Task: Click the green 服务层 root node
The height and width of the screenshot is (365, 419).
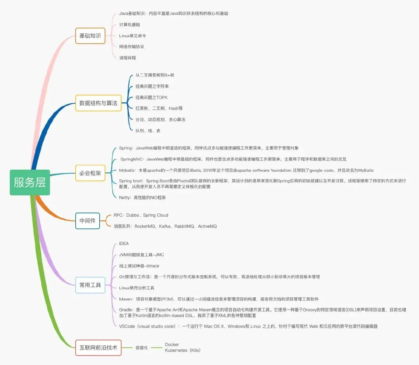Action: pyautogui.click(x=30, y=182)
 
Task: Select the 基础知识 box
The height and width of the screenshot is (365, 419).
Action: pyautogui.click(x=90, y=36)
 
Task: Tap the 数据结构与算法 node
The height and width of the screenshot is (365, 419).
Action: pyautogui.click(x=98, y=103)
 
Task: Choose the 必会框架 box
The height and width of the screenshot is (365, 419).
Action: pyautogui.click(x=90, y=173)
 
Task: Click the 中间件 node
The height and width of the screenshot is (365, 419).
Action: pyautogui.click(x=87, y=221)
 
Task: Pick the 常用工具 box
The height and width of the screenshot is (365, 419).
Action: pyautogui.click(x=90, y=285)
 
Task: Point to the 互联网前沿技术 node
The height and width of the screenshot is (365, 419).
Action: pyautogui.click(x=98, y=348)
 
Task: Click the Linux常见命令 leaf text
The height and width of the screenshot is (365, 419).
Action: pyautogui.click(x=133, y=36)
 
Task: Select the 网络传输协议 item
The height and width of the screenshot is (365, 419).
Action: pyautogui.click(x=132, y=47)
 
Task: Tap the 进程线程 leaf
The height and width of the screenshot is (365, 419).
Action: pyautogui.click(x=128, y=57)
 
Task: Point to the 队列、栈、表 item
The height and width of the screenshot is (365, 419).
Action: pyautogui.click(x=148, y=130)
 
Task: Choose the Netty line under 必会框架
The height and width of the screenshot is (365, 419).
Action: pyautogui.click(x=142, y=198)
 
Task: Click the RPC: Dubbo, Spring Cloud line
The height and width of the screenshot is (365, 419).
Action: pyautogui.click(x=141, y=215)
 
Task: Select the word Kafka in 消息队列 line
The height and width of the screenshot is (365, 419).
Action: pyautogui.click(x=165, y=226)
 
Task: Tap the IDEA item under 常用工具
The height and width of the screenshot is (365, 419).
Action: pyautogui.click(x=124, y=243)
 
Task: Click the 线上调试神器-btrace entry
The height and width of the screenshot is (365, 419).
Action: pyautogui.click(x=139, y=266)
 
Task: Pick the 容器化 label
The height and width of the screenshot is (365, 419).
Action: pyautogui.click(x=142, y=348)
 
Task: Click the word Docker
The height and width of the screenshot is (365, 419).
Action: pyautogui.click(x=172, y=344)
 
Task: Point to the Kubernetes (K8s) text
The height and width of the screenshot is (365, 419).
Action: pyautogui.click(x=183, y=350)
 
